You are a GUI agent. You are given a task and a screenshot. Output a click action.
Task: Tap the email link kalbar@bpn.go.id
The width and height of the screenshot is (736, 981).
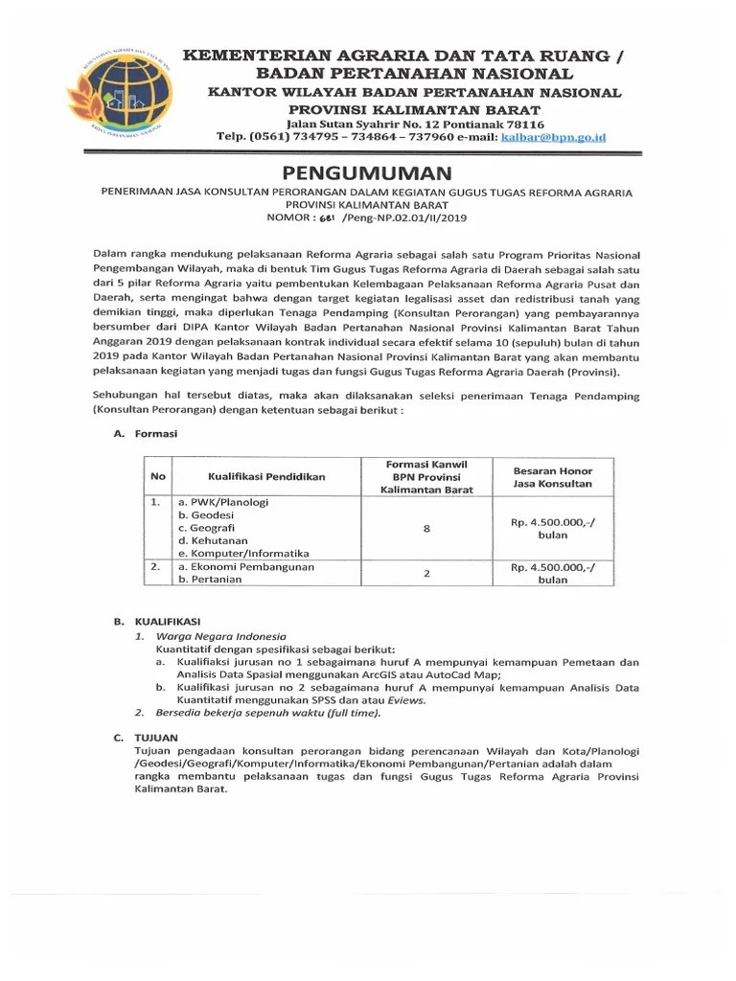pos(555,137)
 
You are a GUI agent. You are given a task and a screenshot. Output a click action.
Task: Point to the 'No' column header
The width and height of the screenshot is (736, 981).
pos(158,476)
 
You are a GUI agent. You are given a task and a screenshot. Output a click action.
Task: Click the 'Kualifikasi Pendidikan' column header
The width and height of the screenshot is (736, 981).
pos(266,476)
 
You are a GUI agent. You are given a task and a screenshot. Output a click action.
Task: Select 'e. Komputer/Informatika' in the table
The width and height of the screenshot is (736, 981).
pos(242,554)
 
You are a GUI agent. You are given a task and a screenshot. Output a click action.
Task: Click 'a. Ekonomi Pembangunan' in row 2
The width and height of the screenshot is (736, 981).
pos(245,566)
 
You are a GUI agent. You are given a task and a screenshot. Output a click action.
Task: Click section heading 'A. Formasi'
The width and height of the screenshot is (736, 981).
pos(145,433)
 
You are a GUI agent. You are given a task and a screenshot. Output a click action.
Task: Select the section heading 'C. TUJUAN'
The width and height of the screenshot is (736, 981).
pos(147,737)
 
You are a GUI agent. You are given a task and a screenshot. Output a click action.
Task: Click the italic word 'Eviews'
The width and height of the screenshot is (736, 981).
pos(408,699)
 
